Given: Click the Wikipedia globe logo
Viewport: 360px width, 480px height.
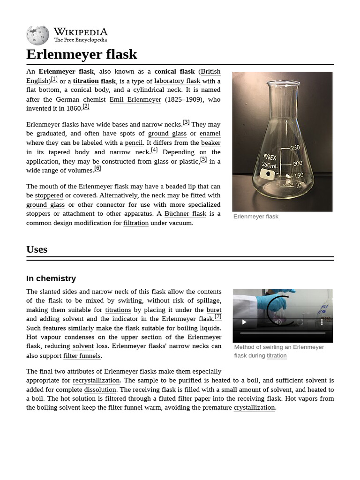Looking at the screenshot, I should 37,36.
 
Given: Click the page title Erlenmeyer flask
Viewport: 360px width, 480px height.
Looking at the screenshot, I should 82,54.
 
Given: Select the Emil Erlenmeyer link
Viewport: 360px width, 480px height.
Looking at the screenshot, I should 135,99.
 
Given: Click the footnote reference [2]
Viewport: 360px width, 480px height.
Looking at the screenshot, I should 86,106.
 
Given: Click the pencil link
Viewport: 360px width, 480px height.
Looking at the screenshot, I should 134,143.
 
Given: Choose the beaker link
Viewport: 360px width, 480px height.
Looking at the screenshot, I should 210,143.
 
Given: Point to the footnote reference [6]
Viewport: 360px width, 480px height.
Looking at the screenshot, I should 97,168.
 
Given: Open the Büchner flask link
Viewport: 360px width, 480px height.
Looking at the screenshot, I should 185,214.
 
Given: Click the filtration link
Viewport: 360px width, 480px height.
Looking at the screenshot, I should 136,223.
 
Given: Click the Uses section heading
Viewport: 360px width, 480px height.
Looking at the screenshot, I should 37,249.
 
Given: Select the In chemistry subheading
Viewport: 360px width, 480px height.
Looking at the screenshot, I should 51,278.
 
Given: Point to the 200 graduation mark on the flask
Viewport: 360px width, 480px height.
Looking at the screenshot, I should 297,164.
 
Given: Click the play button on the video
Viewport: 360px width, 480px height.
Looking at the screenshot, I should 244,322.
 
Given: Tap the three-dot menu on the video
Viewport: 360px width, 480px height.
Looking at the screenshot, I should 322,322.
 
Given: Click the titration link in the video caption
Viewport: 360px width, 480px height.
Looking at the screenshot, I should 277,356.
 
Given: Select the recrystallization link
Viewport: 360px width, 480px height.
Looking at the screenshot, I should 96,381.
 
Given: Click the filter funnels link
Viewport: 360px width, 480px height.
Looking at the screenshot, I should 82,356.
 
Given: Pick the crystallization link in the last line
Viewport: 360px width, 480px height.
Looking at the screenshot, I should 254,408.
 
